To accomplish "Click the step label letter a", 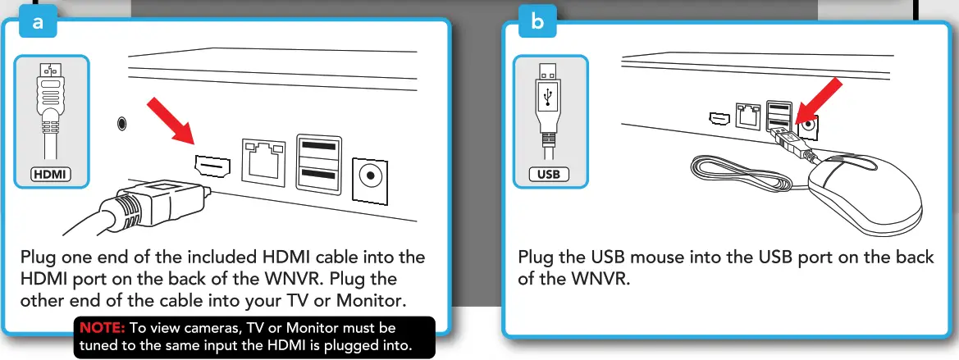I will pyautogui.click(x=36, y=23).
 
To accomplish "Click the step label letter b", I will pyautogui.click(x=537, y=23).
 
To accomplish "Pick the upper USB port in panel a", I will pyautogui.click(x=317, y=149).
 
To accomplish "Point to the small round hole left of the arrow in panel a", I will pyautogui.click(x=122, y=124).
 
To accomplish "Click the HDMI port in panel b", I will pyautogui.click(x=719, y=118).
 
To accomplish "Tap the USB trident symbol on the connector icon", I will pyautogui.click(x=546, y=96).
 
